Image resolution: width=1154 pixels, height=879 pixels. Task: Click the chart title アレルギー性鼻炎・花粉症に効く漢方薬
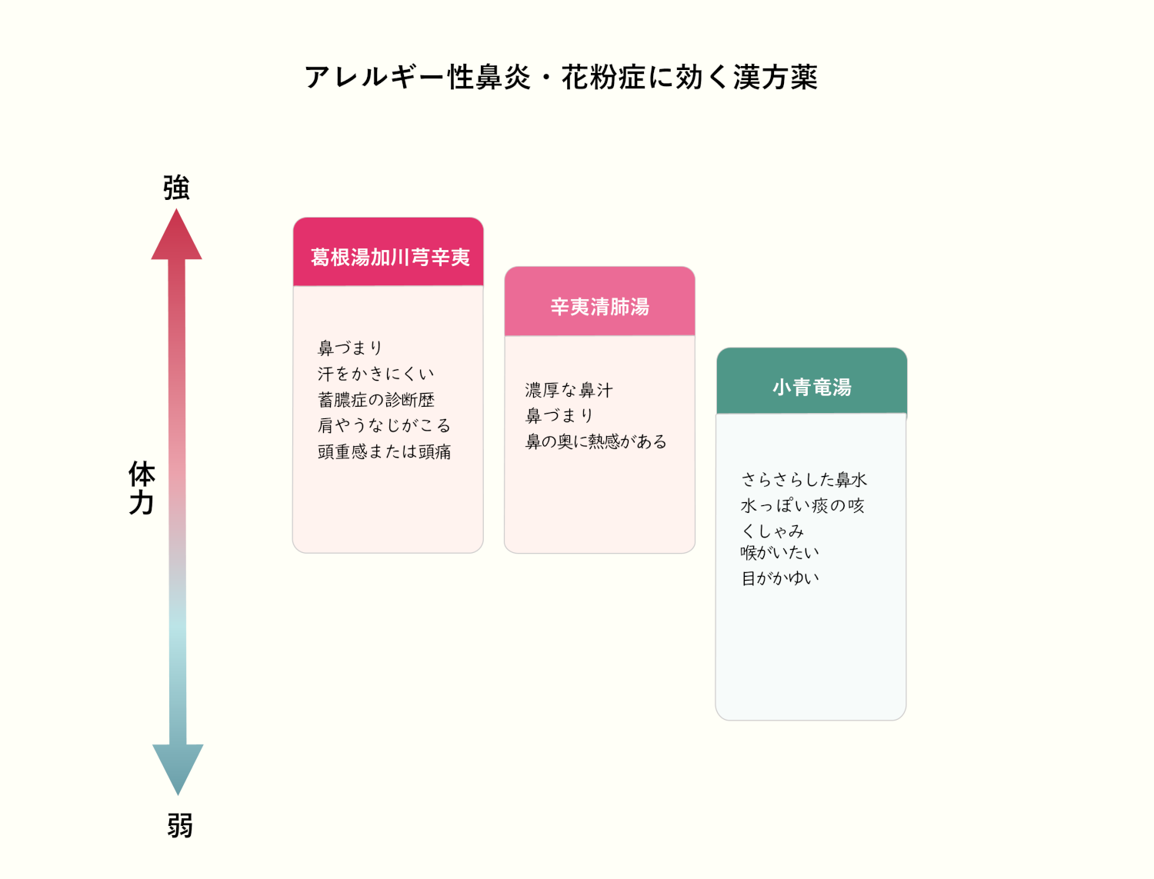tap(561, 77)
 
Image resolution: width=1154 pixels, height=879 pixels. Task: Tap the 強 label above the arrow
tap(176, 188)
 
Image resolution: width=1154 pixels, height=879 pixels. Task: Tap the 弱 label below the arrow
tap(180, 826)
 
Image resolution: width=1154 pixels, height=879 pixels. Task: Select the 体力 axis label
tap(142, 488)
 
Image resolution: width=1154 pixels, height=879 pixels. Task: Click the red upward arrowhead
tap(176, 237)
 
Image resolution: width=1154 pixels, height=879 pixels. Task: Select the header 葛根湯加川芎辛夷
tap(389, 257)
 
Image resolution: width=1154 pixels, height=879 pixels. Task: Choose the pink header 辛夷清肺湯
tap(600, 307)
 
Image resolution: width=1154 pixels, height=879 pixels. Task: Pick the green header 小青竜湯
tap(812, 387)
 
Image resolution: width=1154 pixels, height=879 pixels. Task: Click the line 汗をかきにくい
tap(375, 374)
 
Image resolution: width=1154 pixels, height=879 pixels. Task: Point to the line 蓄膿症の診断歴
tap(376, 400)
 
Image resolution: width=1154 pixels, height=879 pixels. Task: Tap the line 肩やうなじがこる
tap(384, 425)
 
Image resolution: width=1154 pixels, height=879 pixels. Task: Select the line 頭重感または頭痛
tap(384, 451)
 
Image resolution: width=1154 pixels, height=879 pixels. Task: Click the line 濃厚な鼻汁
tap(569, 390)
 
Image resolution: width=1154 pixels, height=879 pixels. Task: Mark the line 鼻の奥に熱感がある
tap(595, 441)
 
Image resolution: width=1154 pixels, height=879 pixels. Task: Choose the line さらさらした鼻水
tap(804, 480)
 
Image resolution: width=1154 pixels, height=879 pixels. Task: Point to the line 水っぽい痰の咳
tap(802, 505)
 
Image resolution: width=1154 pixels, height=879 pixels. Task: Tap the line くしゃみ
tap(772, 531)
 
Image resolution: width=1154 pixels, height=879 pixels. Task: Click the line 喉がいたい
tap(779, 552)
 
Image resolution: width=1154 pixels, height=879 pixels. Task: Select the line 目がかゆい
tap(779, 578)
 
